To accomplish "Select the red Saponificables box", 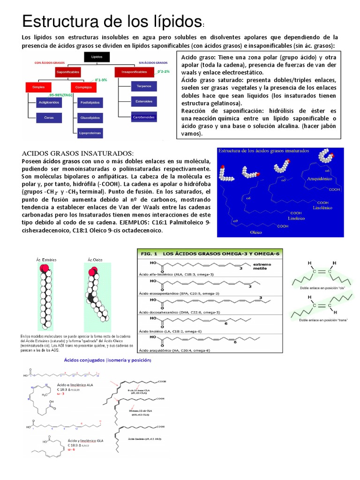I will click(x=68, y=72).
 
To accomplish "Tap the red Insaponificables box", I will click(x=134, y=72).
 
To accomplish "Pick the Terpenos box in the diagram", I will click(x=143, y=87).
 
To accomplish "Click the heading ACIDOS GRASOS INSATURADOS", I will click(x=78, y=153).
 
